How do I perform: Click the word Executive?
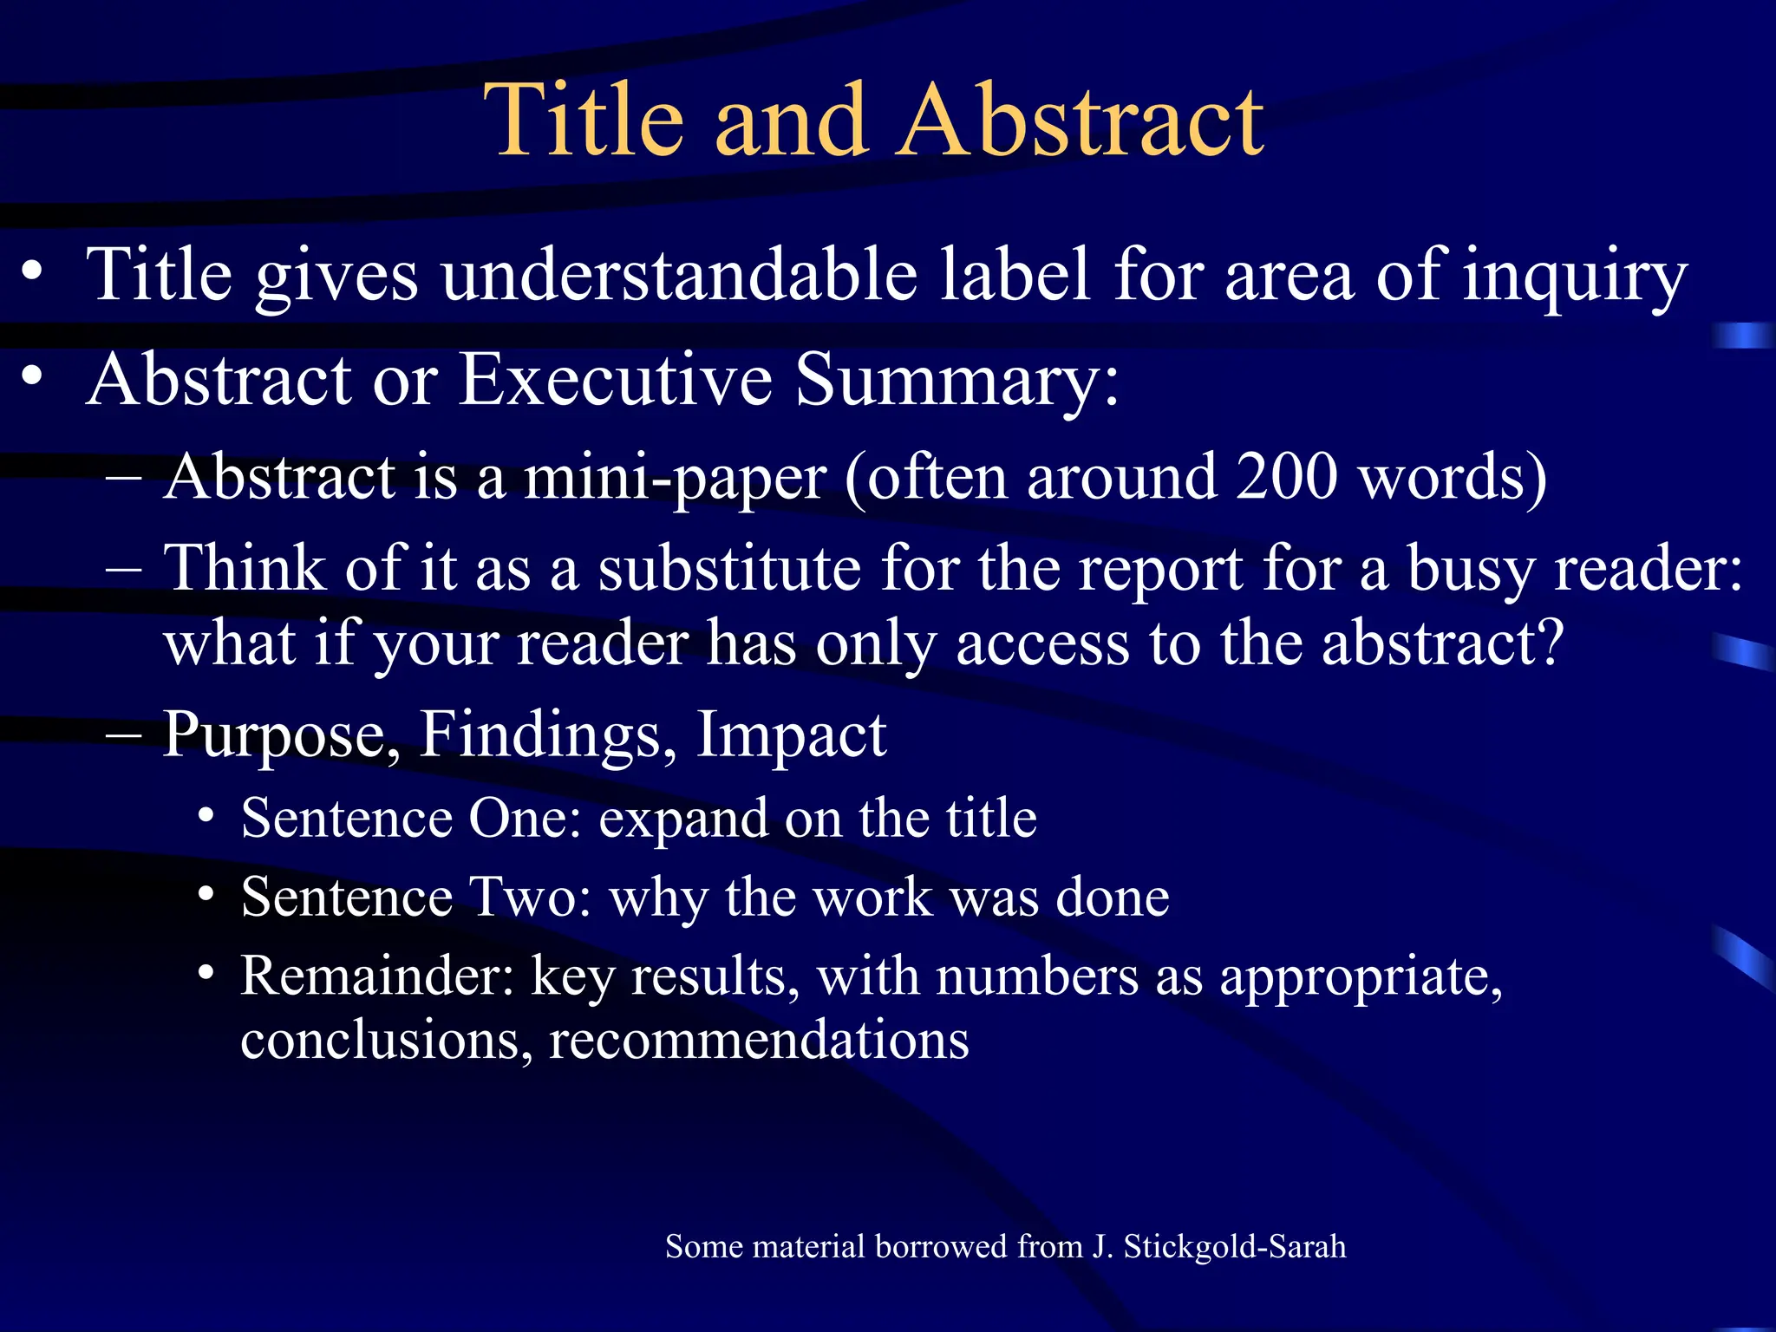615,379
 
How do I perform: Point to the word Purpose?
282,735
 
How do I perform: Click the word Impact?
792,735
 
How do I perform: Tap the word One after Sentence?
525,818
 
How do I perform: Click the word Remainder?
377,976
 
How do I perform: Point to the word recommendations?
759,1040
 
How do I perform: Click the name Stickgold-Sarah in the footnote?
1235,1247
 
